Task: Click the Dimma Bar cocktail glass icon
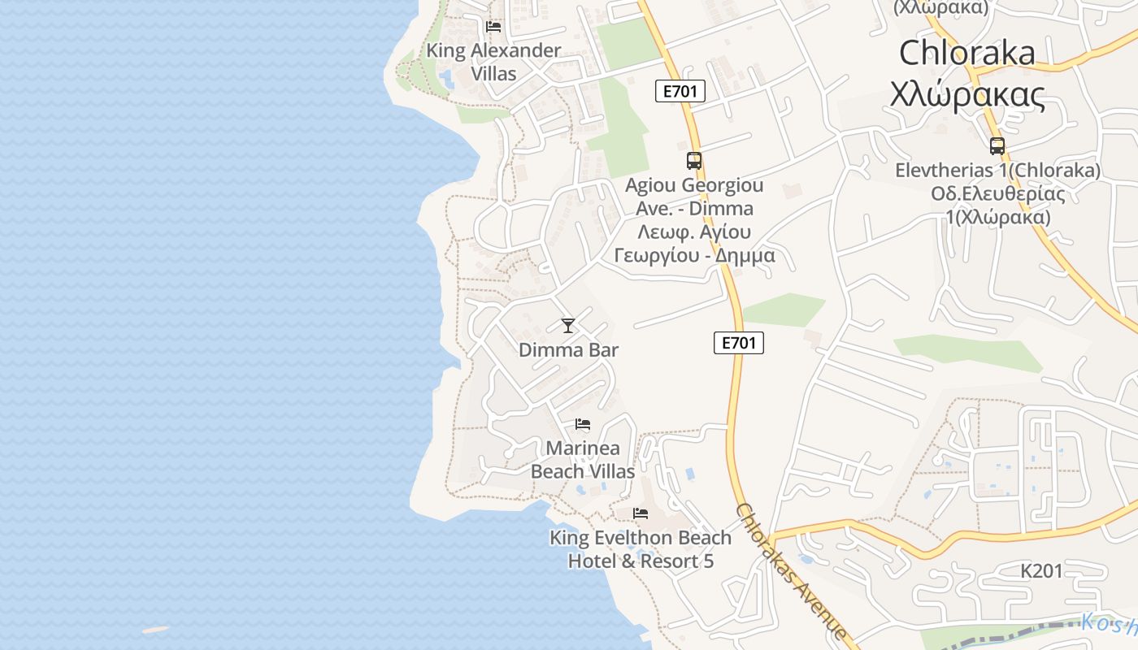568,326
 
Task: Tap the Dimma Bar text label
568,350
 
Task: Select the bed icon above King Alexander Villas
493,27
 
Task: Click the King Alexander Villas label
493,62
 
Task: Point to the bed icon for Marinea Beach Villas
582,424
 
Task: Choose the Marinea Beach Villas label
583,459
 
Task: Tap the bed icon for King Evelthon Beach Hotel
641,513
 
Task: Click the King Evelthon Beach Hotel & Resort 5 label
641,549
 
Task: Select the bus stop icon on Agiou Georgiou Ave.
693,161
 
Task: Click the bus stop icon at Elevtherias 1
997,146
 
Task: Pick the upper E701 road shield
680,91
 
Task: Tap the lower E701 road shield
739,343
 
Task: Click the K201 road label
1041,571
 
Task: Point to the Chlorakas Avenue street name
791,570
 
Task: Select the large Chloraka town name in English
967,53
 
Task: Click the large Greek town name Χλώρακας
967,95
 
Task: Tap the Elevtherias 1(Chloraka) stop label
997,171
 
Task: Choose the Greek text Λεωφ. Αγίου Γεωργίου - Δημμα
694,244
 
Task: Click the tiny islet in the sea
155,630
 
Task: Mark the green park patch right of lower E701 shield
782,310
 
